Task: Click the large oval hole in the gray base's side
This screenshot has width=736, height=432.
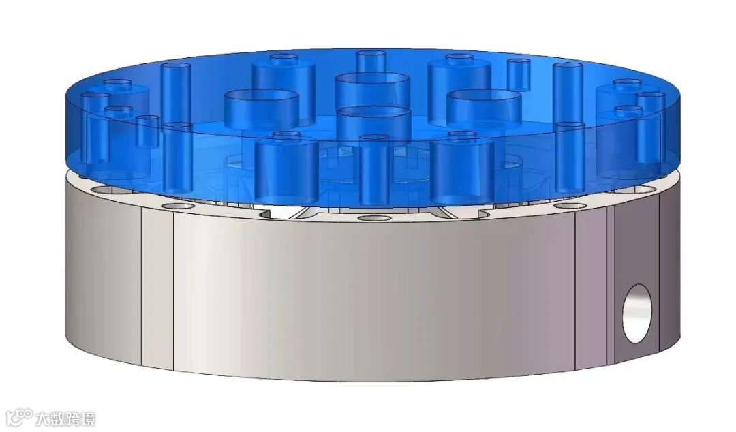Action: (x=637, y=313)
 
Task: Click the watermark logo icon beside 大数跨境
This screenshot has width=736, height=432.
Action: (x=21, y=417)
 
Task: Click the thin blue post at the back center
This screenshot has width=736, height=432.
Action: (x=371, y=62)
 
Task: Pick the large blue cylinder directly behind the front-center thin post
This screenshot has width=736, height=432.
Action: (x=373, y=123)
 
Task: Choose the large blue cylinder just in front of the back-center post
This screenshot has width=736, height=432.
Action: (x=372, y=91)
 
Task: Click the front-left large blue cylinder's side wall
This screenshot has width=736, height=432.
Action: (x=286, y=173)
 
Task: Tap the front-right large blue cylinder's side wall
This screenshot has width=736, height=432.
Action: (x=462, y=173)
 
